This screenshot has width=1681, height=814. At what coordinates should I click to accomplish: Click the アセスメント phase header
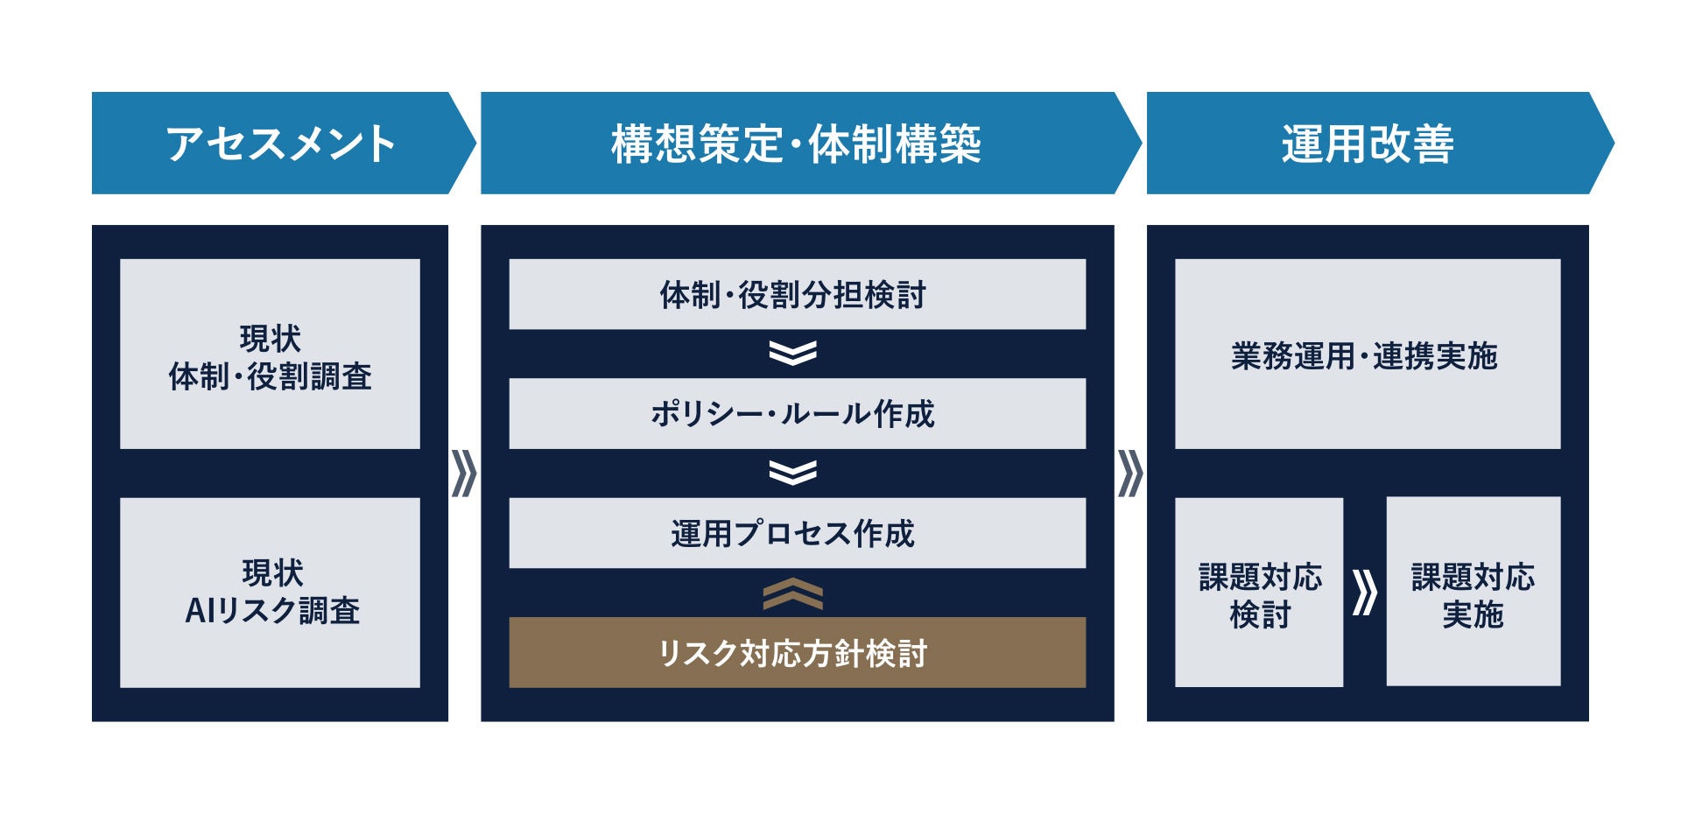point(280,144)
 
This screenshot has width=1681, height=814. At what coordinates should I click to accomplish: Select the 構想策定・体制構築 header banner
point(797,144)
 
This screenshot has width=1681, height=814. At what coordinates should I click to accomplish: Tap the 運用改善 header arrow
point(1368,144)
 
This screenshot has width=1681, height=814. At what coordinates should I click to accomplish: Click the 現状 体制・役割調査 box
point(270,354)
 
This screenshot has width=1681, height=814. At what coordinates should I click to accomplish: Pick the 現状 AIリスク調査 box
point(270,593)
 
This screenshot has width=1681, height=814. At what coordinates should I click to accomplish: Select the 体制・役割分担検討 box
point(797,294)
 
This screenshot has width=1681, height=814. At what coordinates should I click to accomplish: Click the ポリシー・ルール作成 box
point(797,414)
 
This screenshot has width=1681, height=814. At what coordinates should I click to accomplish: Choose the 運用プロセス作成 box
point(797,533)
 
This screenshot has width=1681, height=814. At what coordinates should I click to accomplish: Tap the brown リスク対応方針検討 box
point(797,653)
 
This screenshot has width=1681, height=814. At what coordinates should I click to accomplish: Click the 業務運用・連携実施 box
point(1367,354)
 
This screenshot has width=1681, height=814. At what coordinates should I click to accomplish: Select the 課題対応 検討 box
point(1259,593)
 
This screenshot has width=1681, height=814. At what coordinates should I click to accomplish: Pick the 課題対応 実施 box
point(1474,593)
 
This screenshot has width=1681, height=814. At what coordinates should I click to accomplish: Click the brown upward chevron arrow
point(793,593)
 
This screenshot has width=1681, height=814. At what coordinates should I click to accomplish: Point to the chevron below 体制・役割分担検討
point(793,353)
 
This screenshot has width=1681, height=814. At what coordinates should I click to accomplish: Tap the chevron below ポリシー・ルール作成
point(793,473)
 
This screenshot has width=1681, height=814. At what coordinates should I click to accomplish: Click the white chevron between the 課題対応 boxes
point(1364,593)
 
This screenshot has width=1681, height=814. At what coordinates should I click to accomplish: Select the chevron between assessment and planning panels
point(464,474)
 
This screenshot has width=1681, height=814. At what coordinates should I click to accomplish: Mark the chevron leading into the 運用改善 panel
point(1130,474)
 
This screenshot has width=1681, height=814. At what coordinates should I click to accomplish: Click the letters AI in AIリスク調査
point(200,611)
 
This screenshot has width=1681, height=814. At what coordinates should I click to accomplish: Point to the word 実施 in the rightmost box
point(1474,614)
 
